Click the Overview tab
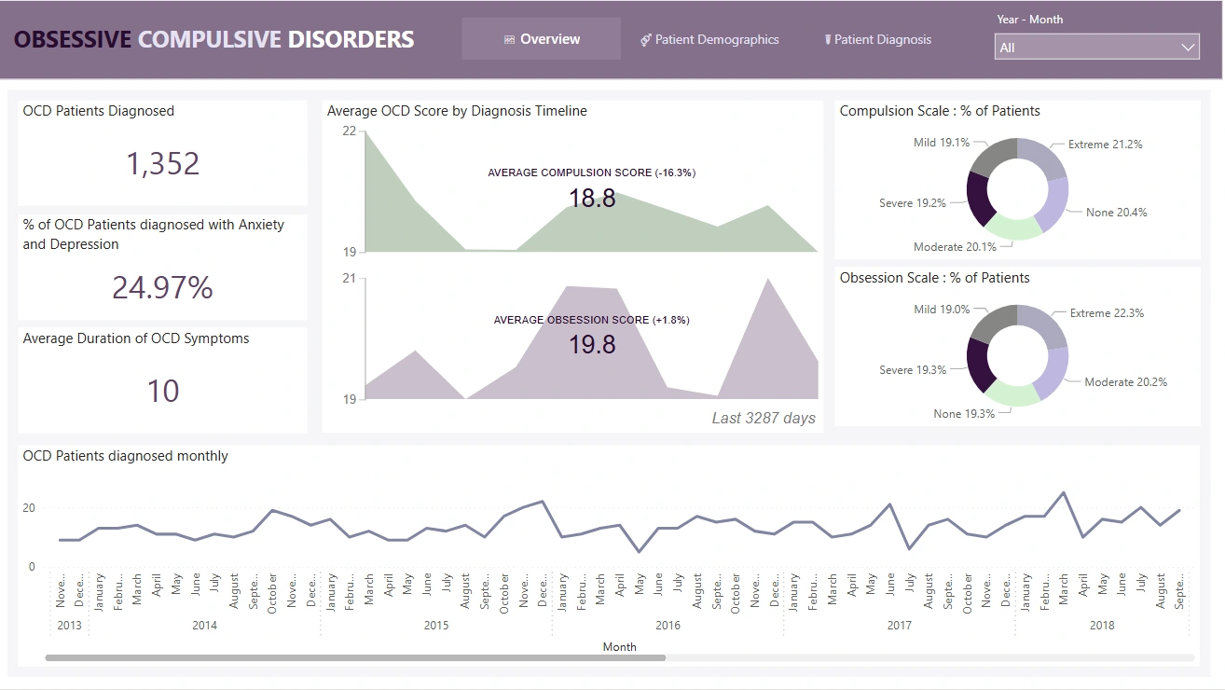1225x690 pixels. tap(542, 39)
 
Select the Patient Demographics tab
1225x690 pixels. tap(709, 39)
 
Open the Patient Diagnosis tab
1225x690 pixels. tap(878, 39)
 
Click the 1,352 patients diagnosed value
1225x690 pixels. tap(163, 164)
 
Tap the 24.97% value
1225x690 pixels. tap(163, 288)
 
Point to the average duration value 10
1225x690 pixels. tap(163, 391)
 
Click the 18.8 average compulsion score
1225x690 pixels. tap(592, 198)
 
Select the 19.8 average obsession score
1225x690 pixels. tap(592, 345)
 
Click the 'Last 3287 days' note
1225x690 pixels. tap(764, 418)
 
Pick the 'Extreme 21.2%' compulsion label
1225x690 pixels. tap(1105, 145)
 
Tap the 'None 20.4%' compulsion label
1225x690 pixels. tap(1116, 213)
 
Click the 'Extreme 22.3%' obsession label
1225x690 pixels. tap(1107, 313)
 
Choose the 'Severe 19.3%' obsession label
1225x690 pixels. tap(913, 370)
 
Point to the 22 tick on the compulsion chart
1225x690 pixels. tap(349, 131)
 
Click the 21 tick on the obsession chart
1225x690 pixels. tap(349, 278)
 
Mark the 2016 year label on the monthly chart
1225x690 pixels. tap(668, 626)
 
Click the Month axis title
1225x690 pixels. tap(619, 646)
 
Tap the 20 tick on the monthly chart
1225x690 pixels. tap(29, 508)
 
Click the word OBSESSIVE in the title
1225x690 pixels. tap(73, 39)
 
